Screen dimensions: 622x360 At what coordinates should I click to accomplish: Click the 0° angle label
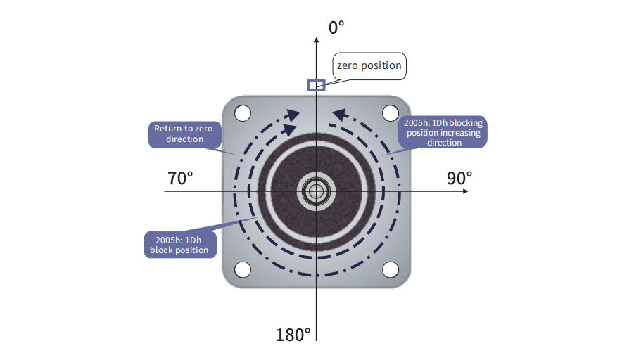pos(336,27)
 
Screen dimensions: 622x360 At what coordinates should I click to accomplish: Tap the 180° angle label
pos(293,335)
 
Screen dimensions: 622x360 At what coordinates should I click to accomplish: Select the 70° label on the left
pos(180,179)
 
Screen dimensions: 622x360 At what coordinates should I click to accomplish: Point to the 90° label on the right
pos(459,179)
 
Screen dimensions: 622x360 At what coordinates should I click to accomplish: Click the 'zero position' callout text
pos(369,65)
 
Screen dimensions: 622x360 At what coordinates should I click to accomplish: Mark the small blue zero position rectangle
pos(316,85)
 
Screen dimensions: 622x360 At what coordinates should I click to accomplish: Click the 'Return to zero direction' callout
pos(184,134)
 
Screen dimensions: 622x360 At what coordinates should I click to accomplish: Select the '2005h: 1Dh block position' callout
pos(180,245)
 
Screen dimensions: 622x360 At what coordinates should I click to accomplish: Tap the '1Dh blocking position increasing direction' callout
pos(443,132)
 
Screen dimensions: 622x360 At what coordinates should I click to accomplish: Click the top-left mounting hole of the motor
pos(243,113)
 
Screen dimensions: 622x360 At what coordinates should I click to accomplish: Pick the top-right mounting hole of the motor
pos(391,113)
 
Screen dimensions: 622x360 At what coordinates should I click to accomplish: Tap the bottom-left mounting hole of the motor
pos(243,269)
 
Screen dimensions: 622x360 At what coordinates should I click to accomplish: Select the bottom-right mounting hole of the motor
pos(391,269)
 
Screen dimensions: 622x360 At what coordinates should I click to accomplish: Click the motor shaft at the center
pos(316,191)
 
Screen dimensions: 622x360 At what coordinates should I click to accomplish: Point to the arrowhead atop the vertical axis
pos(316,40)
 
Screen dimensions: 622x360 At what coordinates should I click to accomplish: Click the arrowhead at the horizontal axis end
pos(465,191)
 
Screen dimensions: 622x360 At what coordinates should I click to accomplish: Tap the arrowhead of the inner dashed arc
pos(291,129)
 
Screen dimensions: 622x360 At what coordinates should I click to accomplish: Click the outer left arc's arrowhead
pos(293,115)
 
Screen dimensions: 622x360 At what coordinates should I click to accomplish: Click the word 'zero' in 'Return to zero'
pos(203,129)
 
